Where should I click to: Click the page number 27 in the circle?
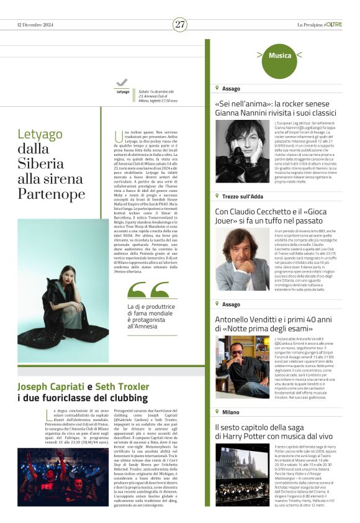tap(180, 24)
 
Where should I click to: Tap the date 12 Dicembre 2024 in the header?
tap(37, 25)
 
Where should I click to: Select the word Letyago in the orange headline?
tap(40, 134)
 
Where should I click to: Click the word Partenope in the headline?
tap(52, 194)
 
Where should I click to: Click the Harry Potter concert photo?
tap(242, 473)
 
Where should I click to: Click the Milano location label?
tap(231, 412)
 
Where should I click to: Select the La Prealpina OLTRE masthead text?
tap(319, 25)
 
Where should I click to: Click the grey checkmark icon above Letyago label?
tap(122, 83)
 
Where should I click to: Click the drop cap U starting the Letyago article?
tap(119, 135)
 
